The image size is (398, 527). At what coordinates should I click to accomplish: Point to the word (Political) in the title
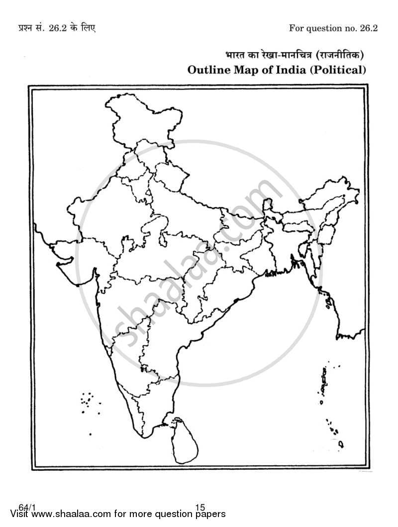pyautogui.click(x=338, y=70)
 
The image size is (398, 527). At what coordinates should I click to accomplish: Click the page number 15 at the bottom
pyautogui.click(x=200, y=508)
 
